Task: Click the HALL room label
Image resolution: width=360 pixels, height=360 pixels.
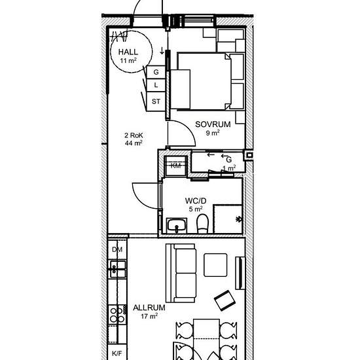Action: (x=128, y=52)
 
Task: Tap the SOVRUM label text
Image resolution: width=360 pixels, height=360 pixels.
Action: (x=213, y=124)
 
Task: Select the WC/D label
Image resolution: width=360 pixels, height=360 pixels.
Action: (x=196, y=201)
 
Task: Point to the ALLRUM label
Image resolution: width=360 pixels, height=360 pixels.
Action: (x=149, y=308)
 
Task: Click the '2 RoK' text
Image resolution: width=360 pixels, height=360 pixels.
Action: (x=134, y=135)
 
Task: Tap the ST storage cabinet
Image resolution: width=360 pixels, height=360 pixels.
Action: (x=156, y=101)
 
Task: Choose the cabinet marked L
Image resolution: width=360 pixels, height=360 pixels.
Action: (x=156, y=85)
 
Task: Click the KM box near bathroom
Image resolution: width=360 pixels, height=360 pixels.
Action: (x=175, y=166)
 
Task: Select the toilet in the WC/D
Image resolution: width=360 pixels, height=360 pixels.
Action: (x=202, y=224)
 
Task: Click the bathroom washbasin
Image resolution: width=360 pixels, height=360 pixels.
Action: (x=177, y=225)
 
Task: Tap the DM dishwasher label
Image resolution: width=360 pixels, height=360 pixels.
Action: (x=117, y=249)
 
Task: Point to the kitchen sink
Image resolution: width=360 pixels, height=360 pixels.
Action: (x=117, y=269)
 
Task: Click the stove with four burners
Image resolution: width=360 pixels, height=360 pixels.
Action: (x=117, y=315)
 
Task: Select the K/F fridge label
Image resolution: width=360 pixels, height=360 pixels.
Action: (x=117, y=353)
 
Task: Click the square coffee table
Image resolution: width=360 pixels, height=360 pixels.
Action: (x=215, y=265)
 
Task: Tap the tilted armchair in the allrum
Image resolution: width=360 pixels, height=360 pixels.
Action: (x=225, y=300)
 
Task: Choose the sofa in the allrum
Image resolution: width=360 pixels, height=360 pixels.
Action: (x=181, y=273)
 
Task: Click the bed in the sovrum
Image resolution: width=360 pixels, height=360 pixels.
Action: (x=204, y=82)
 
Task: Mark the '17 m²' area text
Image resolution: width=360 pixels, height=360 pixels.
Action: (x=149, y=316)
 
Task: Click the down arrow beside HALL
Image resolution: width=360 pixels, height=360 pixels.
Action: (x=162, y=51)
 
